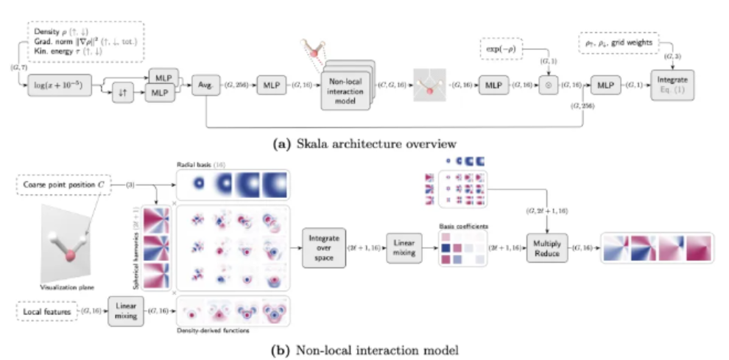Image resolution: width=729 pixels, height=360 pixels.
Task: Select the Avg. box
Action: pyautogui.click(x=205, y=87)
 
